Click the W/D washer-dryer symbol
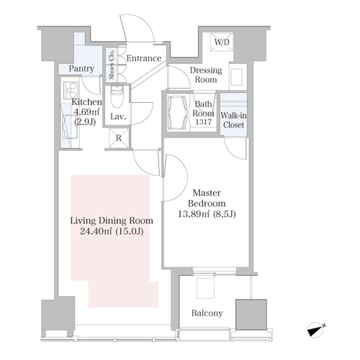click(x=222, y=42)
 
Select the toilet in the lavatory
click(x=117, y=96)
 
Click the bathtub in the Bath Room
click(x=178, y=113)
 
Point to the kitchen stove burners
click(x=71, y=90)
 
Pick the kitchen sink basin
click(x=70, y=127)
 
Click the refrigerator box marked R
click(x=119, y=138)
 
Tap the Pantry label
click(x=81, y=68)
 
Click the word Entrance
click(x=144, y=58)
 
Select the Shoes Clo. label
click(x=112, y=64)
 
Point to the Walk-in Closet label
click(x=233, y=120)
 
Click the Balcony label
click(x=207, y=313)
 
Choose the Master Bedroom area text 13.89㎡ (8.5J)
click(x=207, y=214)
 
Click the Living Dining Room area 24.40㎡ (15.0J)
click(x=112, y=231)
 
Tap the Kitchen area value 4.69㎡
click(x=86, y=112)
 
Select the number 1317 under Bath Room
click(x=204, y=122)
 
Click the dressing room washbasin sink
click(x=236, y=76)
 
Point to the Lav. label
click(x=118, y=117)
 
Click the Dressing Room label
click(x=206, y=75)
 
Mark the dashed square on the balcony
click(x=205, y=288)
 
